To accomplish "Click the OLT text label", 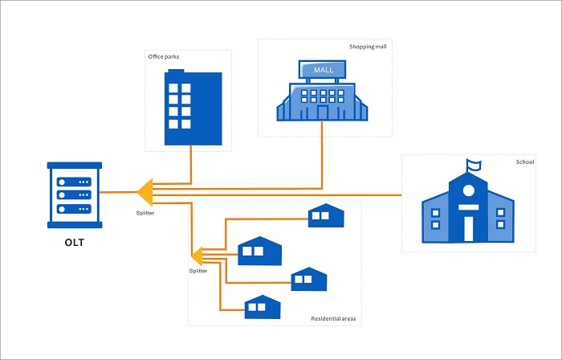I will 74,243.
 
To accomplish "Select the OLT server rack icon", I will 74,193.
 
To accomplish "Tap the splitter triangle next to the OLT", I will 145,193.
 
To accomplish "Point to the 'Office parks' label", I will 164,57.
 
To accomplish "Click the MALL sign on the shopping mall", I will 322,70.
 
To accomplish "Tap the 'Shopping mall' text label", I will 368,46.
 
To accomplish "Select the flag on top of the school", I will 474,166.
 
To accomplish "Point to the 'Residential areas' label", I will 333,319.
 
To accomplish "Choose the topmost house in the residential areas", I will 326,215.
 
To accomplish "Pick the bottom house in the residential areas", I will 262,306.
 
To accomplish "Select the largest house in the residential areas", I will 261,252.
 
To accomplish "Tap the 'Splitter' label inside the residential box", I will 198,272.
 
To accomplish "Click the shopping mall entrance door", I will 322,113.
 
